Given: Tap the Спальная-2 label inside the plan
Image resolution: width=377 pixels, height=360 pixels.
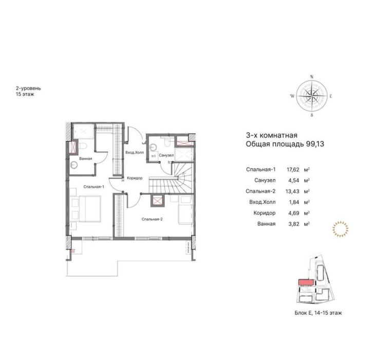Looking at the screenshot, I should click(x=152, y=219).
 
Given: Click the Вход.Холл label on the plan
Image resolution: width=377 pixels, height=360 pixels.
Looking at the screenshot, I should click(x=135, y=153).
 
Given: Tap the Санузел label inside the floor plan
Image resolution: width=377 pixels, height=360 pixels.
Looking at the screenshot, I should click(x=165, y=155).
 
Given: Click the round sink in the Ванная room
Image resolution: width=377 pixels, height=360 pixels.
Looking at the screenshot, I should click(x=75, y=165).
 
